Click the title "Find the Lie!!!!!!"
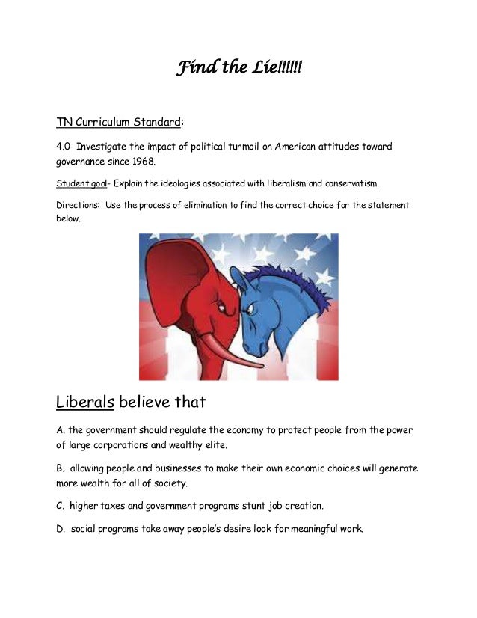tap(238, 69)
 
